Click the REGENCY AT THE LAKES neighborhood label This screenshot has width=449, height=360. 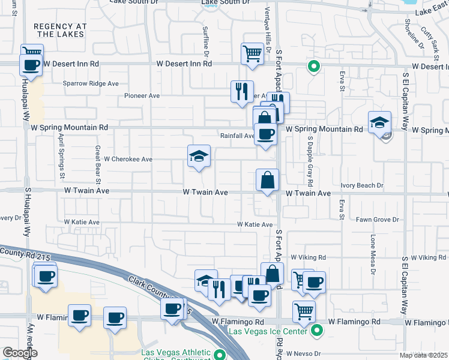coord(60,31)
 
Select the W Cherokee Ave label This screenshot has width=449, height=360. coord(128,160)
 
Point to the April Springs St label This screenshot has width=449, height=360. coord(61,156)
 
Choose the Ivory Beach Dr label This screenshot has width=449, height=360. coord(361,185)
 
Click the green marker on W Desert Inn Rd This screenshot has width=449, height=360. coord(313,67)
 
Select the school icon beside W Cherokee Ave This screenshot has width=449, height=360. coord(199,157)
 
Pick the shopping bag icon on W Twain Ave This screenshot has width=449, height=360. coord(267,180)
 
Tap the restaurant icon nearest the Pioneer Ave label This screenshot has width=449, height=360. coord(242,92)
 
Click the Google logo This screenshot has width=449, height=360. coord(20,353)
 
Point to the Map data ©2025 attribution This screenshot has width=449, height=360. coord(424,355)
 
